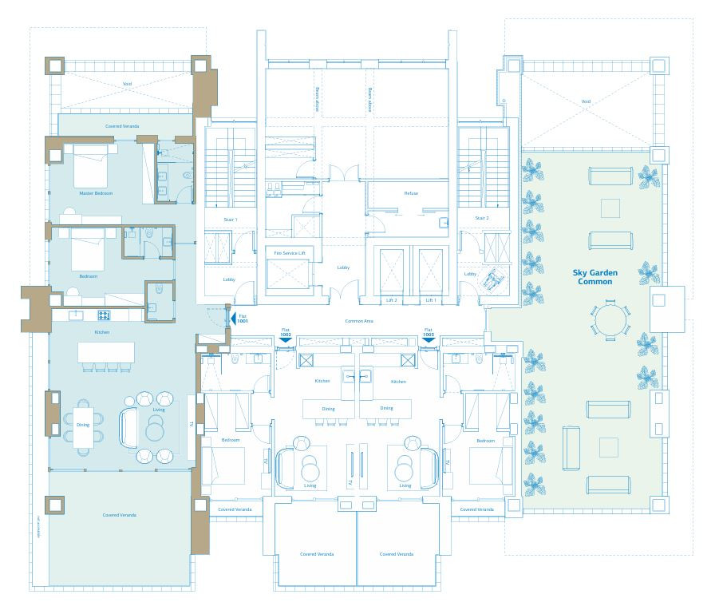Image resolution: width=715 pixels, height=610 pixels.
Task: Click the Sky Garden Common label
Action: (595, 277)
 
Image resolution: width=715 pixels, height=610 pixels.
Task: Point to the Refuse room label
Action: (411, 193)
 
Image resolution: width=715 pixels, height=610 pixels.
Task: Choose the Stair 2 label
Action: (481, 218)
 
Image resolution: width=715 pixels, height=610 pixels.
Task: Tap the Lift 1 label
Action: (431, 300)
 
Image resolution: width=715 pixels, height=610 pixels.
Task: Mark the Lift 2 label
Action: (391, 300)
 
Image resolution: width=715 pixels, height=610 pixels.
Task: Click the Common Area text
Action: (359, 321)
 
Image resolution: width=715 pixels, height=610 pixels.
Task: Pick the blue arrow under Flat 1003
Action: (429, 339)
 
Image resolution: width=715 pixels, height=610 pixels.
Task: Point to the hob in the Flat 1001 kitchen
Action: (103, 315)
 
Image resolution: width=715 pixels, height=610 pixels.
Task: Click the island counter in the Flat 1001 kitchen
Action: (105, 354)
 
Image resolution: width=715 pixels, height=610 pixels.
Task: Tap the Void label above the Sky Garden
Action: (586, 101)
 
